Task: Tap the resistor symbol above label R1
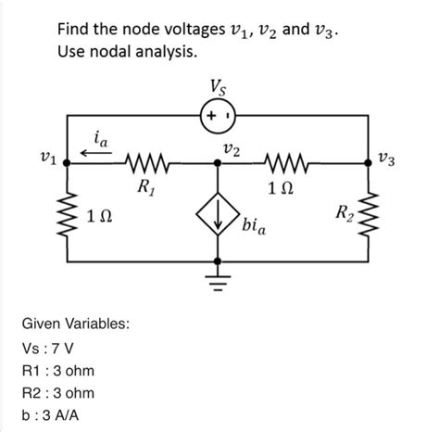coord(145,164)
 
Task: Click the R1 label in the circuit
coord(145,186)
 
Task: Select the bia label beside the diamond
coord(256,225)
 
